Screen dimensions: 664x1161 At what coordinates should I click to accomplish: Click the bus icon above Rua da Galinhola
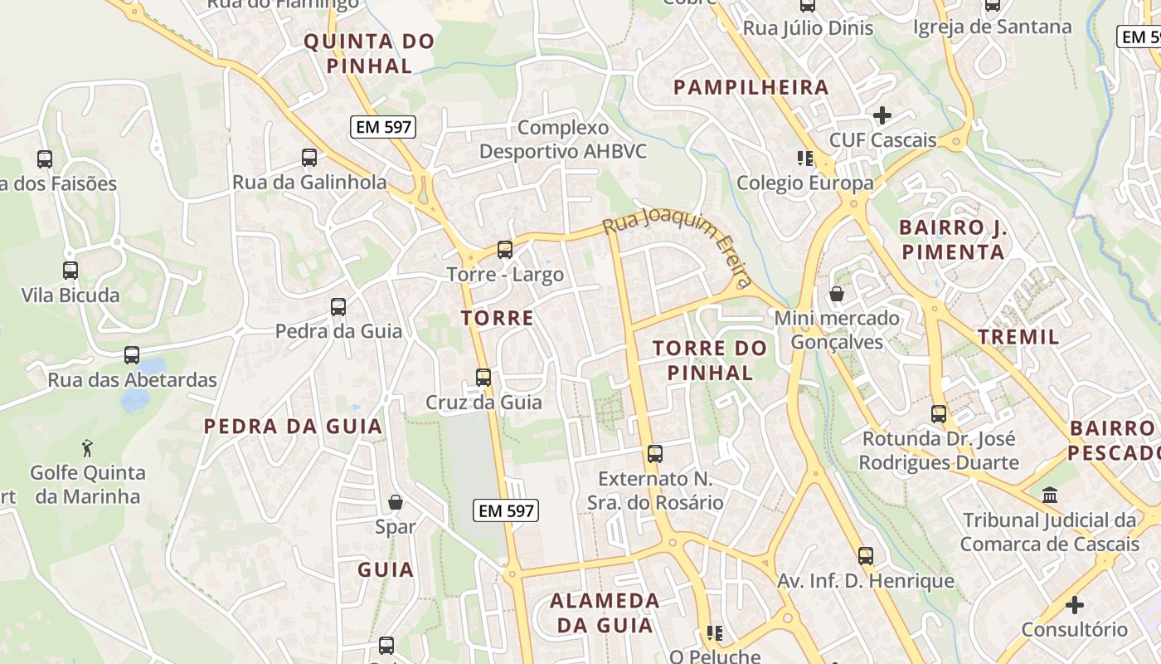[309, 157]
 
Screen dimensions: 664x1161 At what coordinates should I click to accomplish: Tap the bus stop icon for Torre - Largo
[504, 249]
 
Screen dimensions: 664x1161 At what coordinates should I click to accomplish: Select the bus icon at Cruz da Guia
[483, 378]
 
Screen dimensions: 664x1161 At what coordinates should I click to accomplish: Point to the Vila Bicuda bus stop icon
[70, 270]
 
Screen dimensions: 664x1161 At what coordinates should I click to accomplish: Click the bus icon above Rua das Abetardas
[132, 355]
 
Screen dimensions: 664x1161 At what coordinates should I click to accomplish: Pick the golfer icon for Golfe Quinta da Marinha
[87, 448]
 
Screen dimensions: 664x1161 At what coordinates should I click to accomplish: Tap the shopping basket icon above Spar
[396, 502]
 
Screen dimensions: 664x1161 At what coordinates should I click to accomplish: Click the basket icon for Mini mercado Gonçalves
[837, 294]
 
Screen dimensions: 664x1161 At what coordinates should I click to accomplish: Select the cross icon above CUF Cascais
[882, 115]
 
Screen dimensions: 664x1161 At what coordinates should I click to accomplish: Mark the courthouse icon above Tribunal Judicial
[1050, 496]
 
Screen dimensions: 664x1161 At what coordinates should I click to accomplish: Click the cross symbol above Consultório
[1075, 605]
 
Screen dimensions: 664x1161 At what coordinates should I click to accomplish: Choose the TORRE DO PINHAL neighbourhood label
[703, 360]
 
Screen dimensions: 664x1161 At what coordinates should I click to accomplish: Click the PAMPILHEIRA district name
[751, 87]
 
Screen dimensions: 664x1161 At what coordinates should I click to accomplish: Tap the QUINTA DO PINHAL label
[369, 53]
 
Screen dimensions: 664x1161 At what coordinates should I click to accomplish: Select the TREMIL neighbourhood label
[1018, 337]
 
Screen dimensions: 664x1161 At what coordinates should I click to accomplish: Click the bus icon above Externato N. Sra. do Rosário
[655, 454]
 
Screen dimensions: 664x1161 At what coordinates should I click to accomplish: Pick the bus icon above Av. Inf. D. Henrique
[866, 556]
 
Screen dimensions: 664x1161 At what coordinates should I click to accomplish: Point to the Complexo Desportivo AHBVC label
[563, 139]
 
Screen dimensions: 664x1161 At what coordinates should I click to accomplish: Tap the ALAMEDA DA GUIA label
[605, 613]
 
